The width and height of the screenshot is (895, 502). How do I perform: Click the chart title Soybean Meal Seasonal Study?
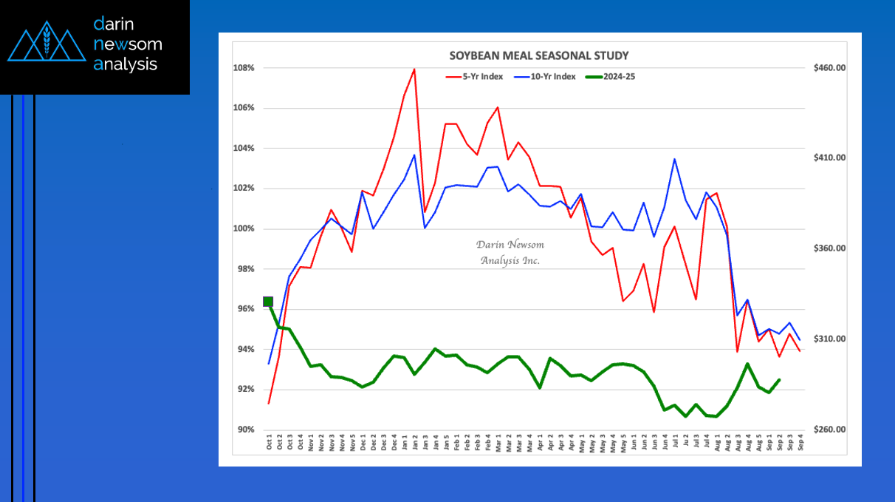539,55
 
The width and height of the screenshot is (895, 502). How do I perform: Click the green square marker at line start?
268,301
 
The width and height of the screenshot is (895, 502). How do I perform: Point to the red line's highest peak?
414,69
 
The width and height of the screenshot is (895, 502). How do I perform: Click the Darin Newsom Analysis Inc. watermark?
510,252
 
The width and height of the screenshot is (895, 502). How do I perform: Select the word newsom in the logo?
128,44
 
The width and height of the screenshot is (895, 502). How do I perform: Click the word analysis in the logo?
126,64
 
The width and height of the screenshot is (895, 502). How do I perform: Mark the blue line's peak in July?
674,159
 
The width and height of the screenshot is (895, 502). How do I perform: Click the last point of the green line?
779,380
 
